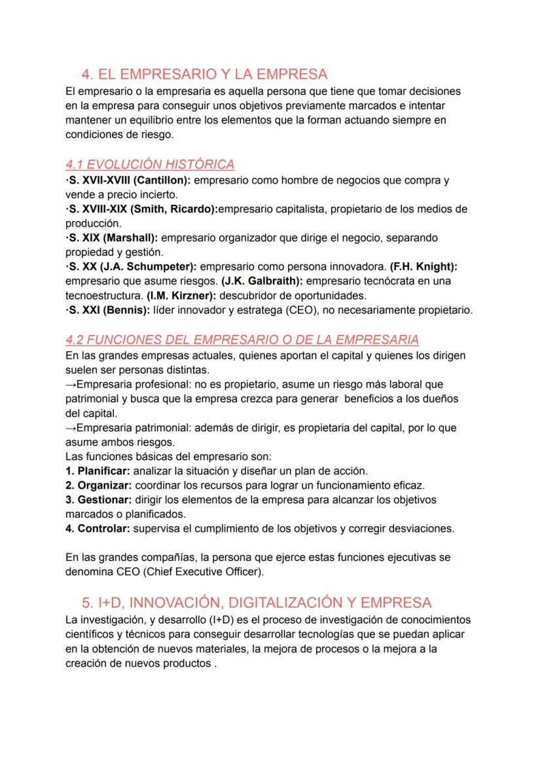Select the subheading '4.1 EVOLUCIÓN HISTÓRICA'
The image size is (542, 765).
150,164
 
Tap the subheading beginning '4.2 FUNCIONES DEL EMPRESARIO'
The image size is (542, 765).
242,340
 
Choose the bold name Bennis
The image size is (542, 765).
125,310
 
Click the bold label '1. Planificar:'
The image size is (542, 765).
98,471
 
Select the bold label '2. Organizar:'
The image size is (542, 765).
98,485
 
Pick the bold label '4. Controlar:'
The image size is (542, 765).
98,528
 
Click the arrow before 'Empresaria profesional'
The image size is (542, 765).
71,385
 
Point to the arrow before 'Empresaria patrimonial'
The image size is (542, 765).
71,428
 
